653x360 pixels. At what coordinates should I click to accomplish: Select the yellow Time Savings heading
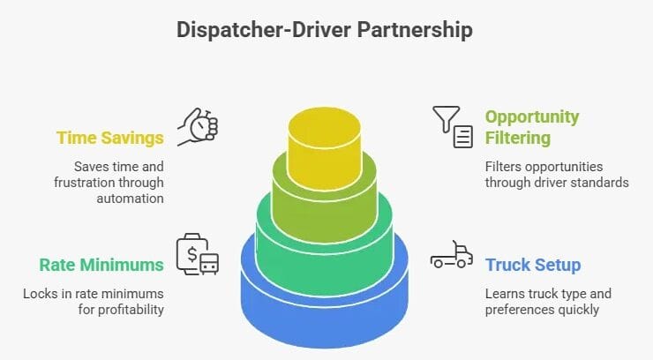point(109,138)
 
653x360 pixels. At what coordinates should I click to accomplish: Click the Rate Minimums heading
point(101,264)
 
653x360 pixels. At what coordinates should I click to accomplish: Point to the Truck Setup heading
point(533,264)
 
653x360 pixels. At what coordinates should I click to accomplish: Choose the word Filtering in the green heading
point(518,138)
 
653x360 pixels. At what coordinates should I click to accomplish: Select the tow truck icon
point(452,256)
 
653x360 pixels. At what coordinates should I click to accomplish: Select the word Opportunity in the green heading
point(532,116)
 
